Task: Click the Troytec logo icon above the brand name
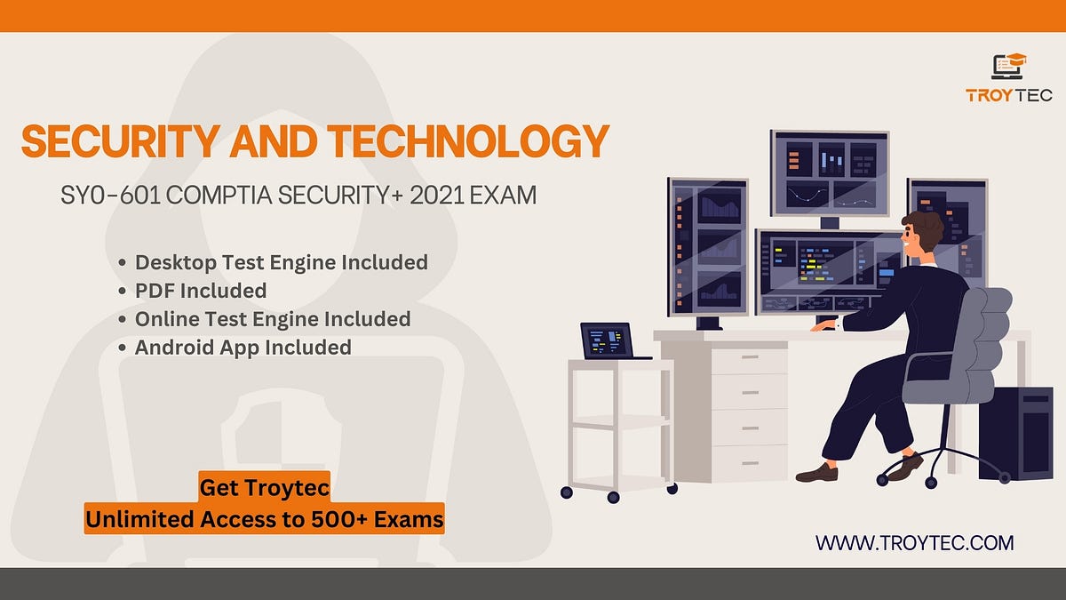(1008, 67)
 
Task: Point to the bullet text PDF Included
(200, 291)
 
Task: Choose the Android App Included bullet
(243, 348)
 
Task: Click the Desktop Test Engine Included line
(281, 262)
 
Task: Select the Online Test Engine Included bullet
(272, 319)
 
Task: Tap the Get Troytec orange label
(264, 487)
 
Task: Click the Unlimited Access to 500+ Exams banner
(264, 519)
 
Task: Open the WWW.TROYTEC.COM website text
(914, 542)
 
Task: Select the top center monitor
(829, 173)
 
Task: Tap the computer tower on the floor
(1014, 433)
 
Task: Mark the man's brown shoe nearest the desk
(816, 473)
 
